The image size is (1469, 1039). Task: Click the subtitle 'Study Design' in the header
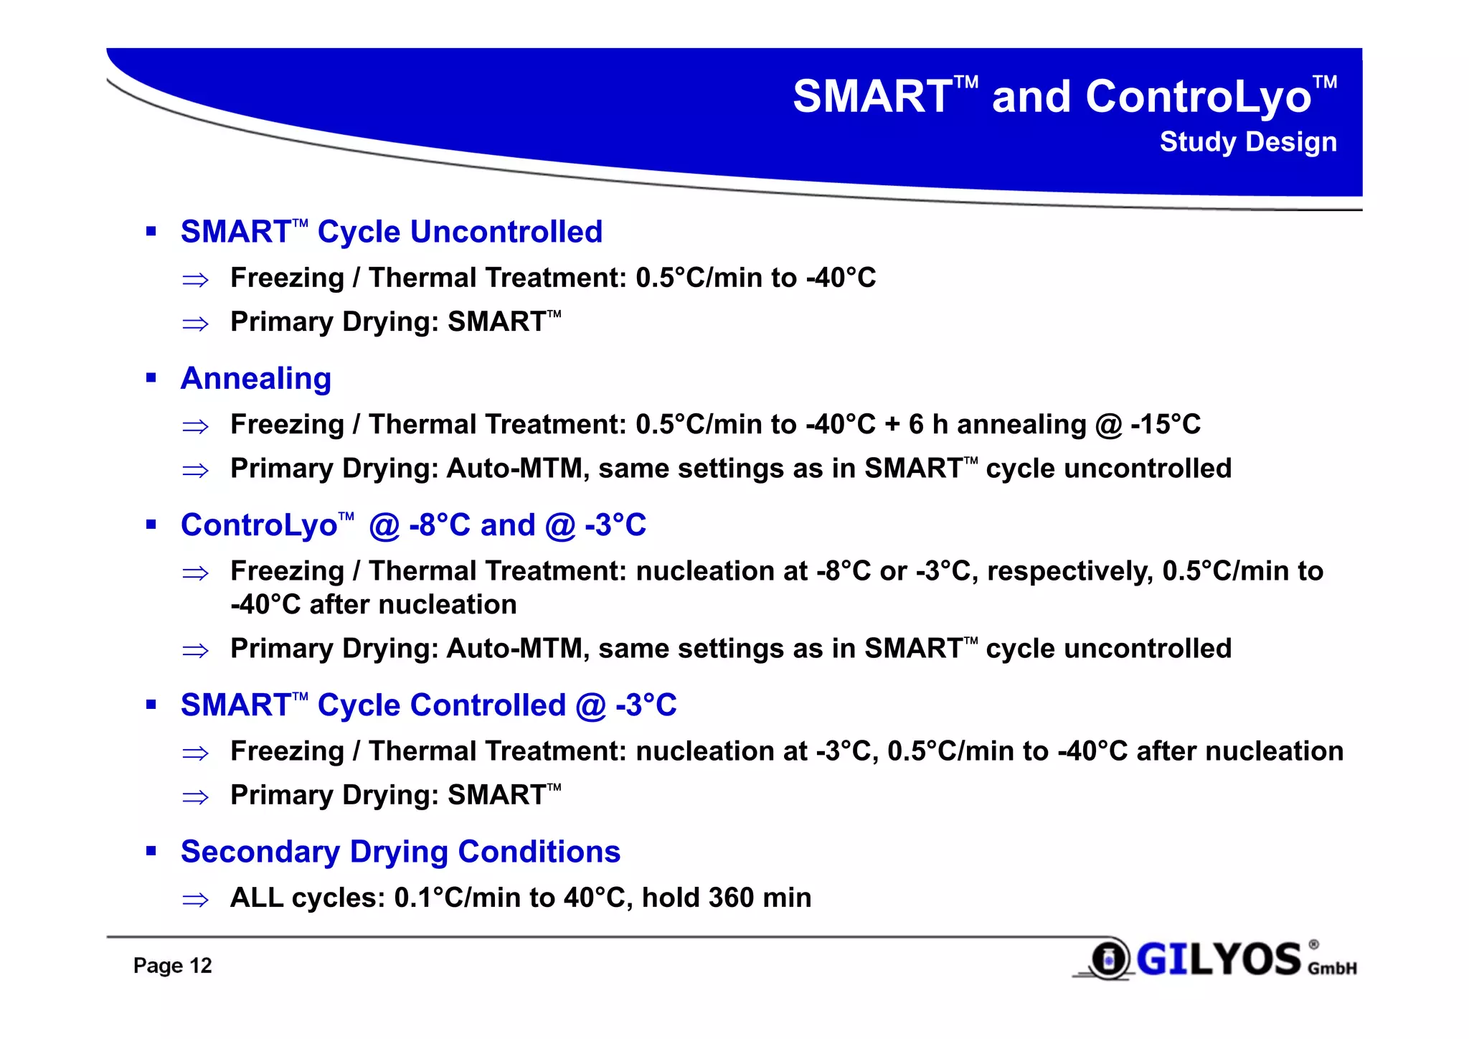tap(1247, 142)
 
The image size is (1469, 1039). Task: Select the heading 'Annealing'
tap(255, 379)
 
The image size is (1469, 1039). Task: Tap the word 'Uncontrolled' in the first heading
tap(506, 232)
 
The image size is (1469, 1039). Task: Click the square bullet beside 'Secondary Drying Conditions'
tap(151, 852)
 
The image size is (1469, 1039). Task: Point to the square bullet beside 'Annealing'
tap(151, 378)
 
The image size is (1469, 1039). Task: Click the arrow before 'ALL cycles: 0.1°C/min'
tap(195, 900)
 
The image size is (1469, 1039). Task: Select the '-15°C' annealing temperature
tap(1165, 425)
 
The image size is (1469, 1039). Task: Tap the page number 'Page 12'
tap(172, 966)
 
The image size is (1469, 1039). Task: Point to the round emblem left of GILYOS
tap(1109, 959)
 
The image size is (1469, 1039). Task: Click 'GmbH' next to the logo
tap(1332, 969)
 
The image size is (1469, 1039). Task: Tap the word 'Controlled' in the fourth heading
tap(442, 706)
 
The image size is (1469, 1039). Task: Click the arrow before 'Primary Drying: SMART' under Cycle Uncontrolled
tap(195, 324)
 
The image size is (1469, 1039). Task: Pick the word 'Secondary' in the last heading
tap(260, 852)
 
